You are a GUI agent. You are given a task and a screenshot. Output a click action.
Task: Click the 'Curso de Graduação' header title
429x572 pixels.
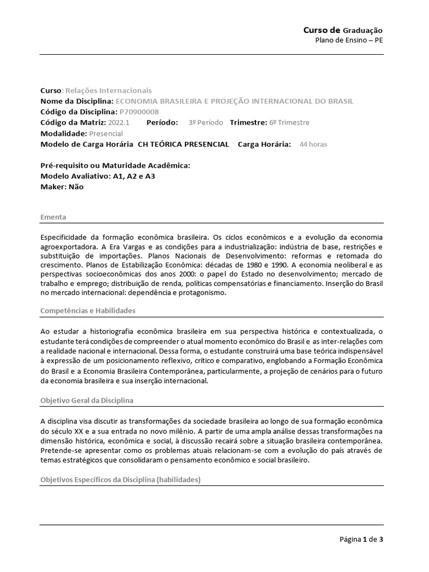coord(343,30)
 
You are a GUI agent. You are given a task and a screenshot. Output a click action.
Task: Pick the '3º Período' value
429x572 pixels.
coord(206,122)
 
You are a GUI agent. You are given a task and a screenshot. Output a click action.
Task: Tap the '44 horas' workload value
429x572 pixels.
coord(313,144)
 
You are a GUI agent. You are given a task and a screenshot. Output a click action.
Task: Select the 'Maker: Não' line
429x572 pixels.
coord(62,187)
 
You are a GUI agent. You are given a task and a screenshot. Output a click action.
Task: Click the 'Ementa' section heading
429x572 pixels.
coord(53,217)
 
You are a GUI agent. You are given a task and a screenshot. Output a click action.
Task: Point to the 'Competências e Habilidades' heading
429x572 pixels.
coord(88,311)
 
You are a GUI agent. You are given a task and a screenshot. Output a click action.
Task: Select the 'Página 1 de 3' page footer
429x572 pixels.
coord(361,539)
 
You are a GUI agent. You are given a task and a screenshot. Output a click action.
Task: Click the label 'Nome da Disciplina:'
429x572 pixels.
coord(77,101)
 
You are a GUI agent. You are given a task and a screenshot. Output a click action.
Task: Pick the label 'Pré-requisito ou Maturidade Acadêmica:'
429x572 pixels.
coord(116,166)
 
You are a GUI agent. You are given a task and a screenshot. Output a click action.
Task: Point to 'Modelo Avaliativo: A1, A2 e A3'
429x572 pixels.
coord(98,177)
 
